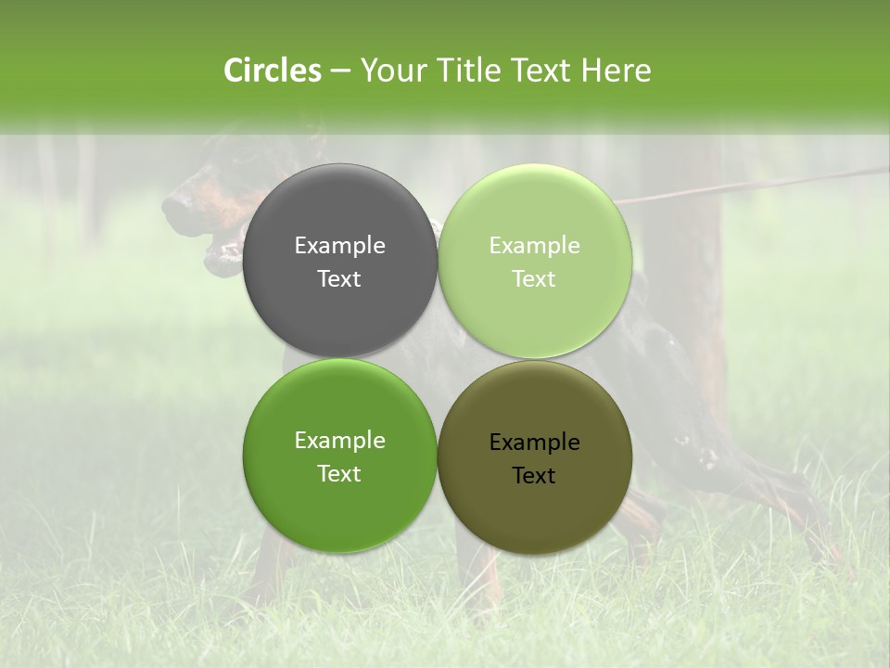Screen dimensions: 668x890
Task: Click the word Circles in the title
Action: [272, 71]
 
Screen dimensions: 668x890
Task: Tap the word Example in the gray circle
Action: [339, 246]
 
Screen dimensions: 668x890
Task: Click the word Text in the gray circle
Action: [339, 279]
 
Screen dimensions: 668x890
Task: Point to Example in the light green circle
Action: [534, 246]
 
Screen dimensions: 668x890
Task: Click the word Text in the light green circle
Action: [534, 279]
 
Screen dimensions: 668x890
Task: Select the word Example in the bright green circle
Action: [339, 441]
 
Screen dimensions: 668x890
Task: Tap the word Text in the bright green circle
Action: [339, 474]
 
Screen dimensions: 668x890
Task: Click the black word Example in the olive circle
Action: [534, 443]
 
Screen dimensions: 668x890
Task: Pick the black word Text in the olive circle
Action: [534, 476]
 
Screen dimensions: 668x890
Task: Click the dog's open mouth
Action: [221, 249]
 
